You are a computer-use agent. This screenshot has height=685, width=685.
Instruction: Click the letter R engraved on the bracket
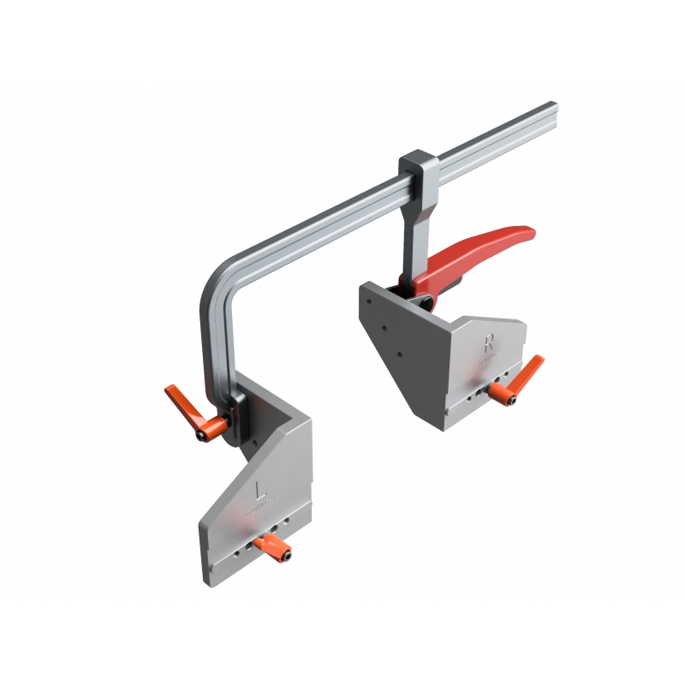489,343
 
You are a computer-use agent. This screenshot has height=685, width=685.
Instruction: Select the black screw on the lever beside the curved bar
201,436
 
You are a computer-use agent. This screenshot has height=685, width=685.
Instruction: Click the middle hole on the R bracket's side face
384,328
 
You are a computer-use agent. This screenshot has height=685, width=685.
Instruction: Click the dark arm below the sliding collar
414,227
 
